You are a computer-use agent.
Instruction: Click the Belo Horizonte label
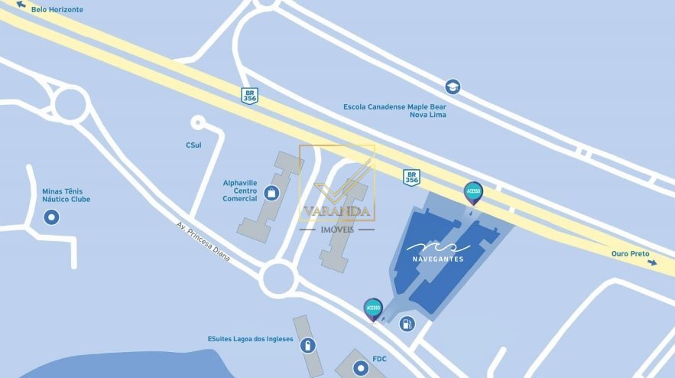57,10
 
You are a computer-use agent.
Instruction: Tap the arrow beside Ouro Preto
651,262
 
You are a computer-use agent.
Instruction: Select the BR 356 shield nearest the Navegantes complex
411,178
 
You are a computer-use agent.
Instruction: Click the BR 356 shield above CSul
249,96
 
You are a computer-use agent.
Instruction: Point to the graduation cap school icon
453,86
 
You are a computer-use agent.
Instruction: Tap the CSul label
193,145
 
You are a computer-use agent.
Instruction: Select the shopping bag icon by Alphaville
271,192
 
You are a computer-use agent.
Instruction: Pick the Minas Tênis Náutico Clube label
67,195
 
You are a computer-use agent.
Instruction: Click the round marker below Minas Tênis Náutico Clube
52,218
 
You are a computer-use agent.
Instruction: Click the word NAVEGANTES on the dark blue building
437,259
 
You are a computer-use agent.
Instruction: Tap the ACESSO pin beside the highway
473,192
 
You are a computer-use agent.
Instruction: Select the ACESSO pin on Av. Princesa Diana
373,308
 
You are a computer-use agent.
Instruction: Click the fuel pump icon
407,324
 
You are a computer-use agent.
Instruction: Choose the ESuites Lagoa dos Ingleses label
250,339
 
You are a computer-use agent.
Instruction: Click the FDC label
380,359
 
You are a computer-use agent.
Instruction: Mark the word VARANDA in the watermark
336,211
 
